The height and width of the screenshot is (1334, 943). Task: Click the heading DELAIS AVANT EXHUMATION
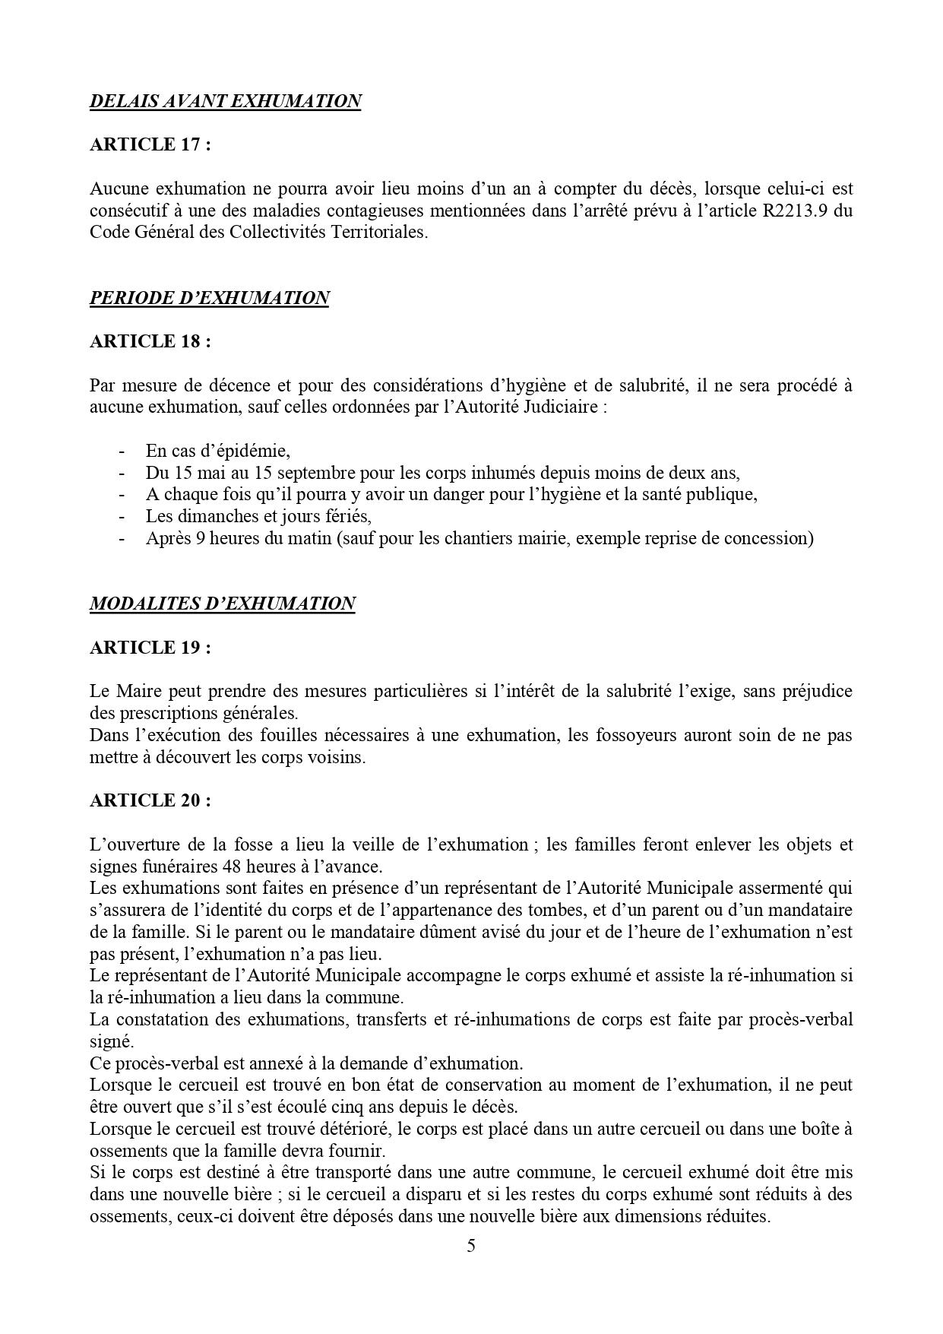pos(225,101)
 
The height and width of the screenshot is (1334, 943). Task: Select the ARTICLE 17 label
pos(150,145)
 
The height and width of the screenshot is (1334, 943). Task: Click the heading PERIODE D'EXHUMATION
pos(209,298)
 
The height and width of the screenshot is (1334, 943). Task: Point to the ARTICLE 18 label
pos(150,342)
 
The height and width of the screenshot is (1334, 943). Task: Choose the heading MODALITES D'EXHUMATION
pos(222,604)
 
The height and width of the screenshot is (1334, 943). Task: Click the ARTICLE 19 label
pos(150,648)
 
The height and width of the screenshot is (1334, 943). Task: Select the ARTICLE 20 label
pos(150,801)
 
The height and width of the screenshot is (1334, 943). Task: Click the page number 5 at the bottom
pos(471,1246)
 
